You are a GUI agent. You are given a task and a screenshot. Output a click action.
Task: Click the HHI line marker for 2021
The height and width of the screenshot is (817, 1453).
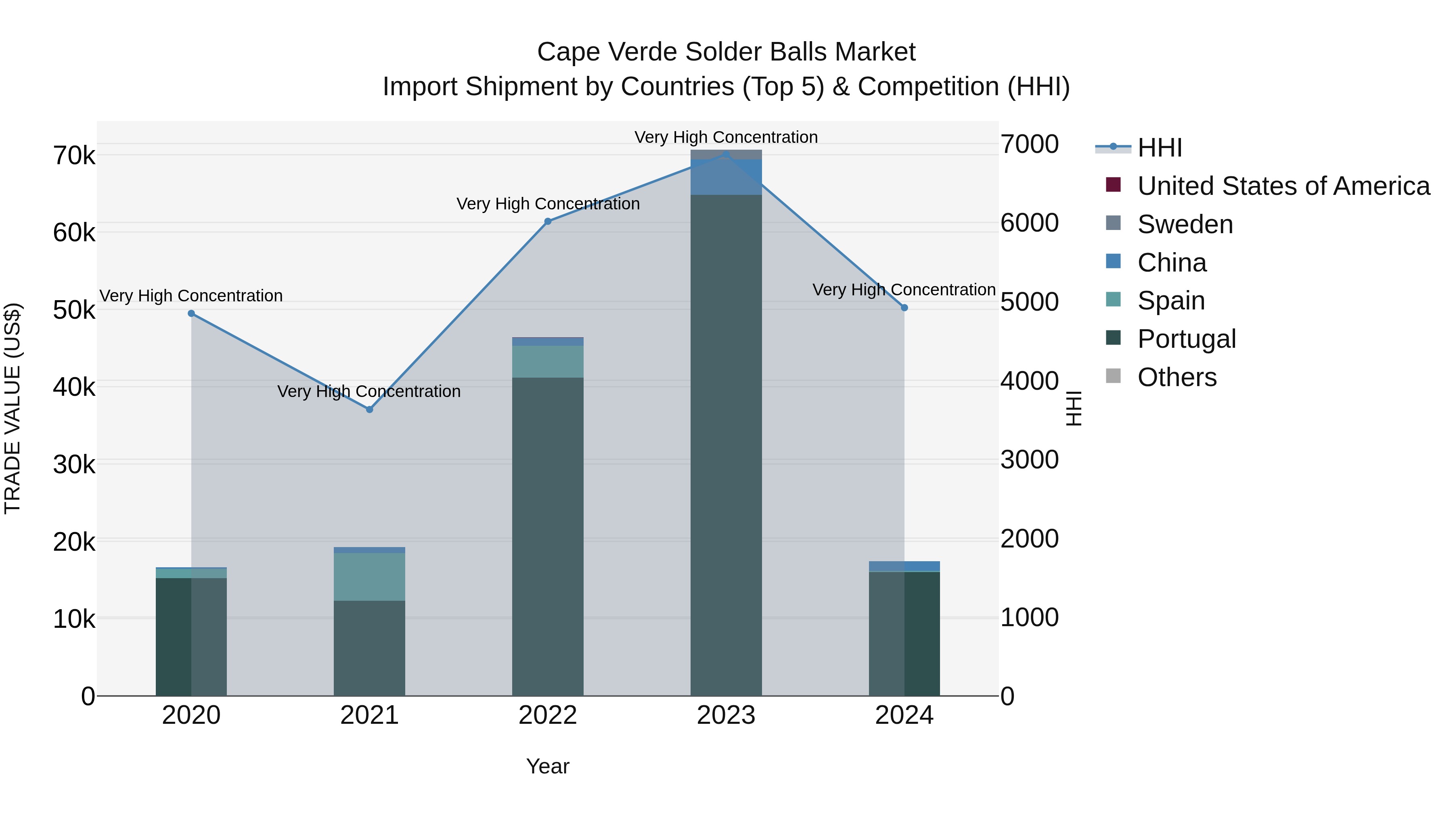pos(369,410)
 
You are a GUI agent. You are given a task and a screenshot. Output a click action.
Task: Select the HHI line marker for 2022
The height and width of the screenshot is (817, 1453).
pos(548,221)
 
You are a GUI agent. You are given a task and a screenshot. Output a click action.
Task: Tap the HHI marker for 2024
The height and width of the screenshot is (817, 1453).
pos(904,308)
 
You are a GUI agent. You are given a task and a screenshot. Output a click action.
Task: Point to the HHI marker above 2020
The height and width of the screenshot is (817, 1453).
pos(191,313)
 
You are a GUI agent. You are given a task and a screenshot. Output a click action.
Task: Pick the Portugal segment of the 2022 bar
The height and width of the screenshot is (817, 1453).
pos(548,536)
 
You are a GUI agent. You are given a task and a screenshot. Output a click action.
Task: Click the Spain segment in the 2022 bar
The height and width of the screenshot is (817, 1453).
pos(548,361)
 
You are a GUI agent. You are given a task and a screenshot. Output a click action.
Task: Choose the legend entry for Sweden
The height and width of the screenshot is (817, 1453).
pos(1185,224)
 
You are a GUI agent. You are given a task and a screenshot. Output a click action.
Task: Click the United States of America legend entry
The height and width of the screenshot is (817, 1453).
pos(1283,186)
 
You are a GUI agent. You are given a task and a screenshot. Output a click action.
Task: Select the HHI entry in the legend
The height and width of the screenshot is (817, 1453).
pos(1159,148)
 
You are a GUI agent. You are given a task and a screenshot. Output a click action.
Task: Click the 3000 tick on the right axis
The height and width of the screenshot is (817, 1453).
pos(1029,460)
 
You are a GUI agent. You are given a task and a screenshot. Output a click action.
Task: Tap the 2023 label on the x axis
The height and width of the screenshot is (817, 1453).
pos(726,715)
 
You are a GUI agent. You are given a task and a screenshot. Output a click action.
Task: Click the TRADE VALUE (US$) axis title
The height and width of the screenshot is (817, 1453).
pos(13,408)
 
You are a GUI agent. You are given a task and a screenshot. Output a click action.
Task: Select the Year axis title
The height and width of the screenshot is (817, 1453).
pos(548,766)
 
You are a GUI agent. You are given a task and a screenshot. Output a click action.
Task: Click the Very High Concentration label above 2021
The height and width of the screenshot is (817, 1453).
pos(369,391)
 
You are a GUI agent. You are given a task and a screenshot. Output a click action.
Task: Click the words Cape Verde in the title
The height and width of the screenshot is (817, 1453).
pos(606,52)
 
